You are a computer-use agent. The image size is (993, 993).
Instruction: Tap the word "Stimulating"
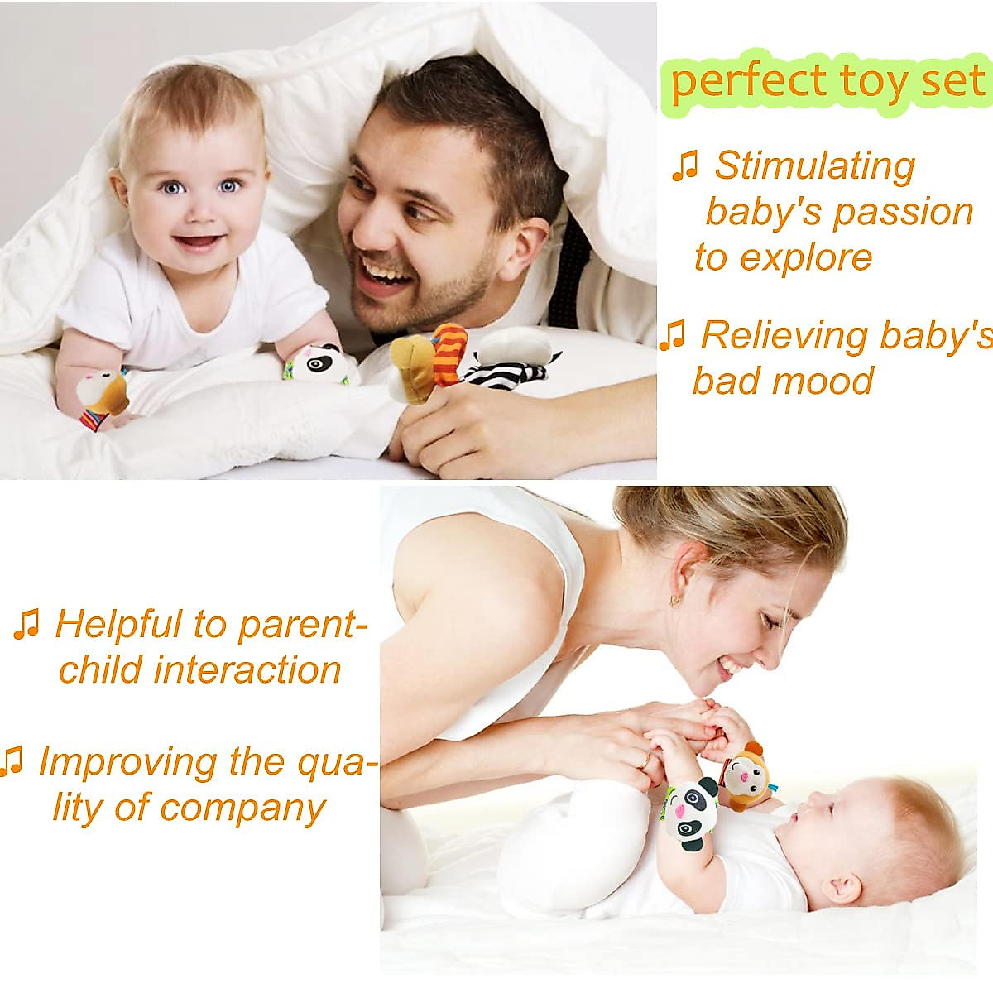(815, 165)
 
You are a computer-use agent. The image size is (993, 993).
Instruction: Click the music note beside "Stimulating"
(684, 166)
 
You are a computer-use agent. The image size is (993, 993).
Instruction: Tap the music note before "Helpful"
(26, 625)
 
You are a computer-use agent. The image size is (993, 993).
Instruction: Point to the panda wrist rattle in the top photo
(314, 362)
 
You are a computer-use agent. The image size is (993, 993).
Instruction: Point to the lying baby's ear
(842, 888)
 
